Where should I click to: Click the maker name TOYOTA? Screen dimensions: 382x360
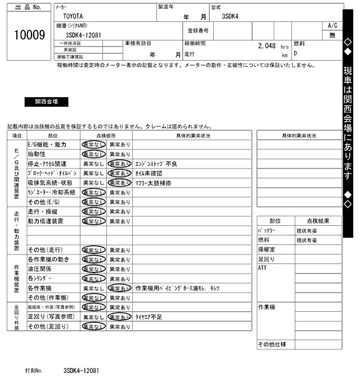pos(71,16)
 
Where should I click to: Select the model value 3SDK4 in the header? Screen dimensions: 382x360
pos(230,16)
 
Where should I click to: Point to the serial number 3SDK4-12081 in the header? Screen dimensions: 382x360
pos(83,35)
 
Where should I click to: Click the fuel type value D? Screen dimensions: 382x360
pos(296,54)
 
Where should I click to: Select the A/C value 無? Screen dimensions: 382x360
pos(332,35)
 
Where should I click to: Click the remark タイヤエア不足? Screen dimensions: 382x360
pos(149,316)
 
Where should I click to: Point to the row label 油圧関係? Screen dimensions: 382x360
pos(39,269)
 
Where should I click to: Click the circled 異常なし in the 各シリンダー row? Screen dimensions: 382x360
pos(93,279)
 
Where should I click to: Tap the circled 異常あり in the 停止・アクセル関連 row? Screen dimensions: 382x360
pos(119,163)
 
